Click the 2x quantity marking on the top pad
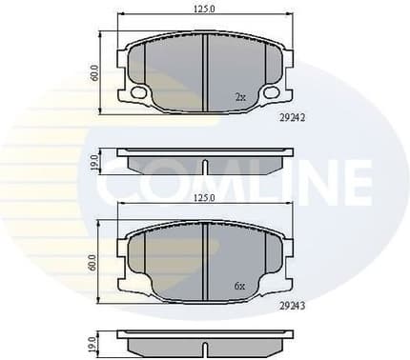pyautogui.click(x=240, y=97)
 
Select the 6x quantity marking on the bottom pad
pyautogui.click(x=240, y=286)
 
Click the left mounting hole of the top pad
pyautogui.click(x=138, y=93)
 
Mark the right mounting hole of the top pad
pyautogui.click(x=272, y=93)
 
